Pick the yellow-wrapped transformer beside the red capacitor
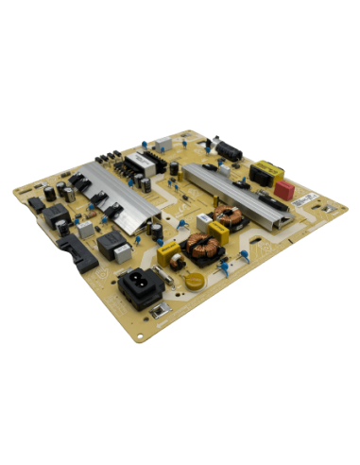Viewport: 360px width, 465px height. point(267,175)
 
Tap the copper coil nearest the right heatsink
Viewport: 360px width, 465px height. point(227,219)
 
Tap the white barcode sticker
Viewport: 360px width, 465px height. point(308,201)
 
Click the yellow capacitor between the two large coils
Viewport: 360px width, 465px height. point(215,237)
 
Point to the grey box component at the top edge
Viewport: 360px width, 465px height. point(163,143)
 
